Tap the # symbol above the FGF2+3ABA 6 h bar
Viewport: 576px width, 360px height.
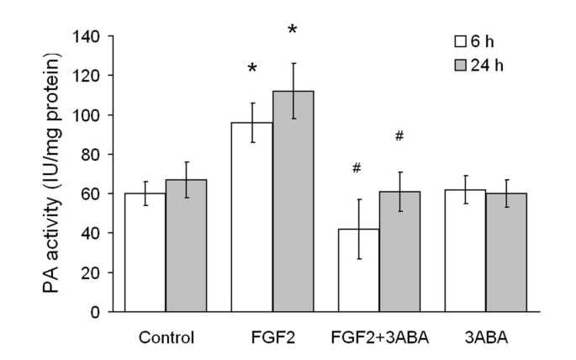point(357,168)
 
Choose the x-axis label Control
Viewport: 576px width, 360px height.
point(166,338)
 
